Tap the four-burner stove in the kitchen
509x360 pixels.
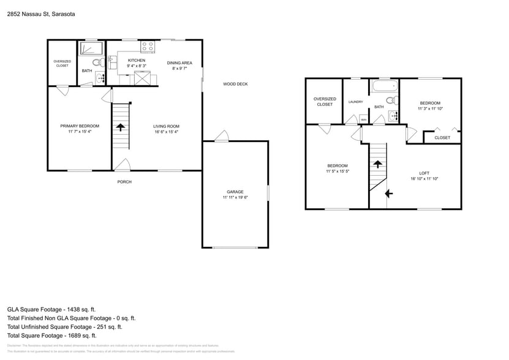click(x=148, y=47)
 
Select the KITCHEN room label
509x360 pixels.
click(x=136, y=61)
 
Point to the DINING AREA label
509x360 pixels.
click(x=179, y=63)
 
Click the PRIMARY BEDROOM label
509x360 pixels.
click(x=80, y=126)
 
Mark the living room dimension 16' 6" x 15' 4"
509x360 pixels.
click(x=166, y=132)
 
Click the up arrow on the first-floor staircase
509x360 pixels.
click(x=121, y=127)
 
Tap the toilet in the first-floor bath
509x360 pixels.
click(x=96, y=62)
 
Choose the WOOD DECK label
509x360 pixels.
click(x=235, y=84)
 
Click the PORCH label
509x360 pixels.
click(x=124, y=182)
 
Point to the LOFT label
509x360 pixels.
click(x=424, y=173)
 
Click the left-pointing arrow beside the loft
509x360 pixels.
click(x=388, y=194)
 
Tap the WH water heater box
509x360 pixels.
click(x=363, y=119)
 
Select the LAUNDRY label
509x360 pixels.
click(x=355, y=102)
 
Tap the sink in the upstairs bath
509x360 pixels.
click(x=394, y=114)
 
